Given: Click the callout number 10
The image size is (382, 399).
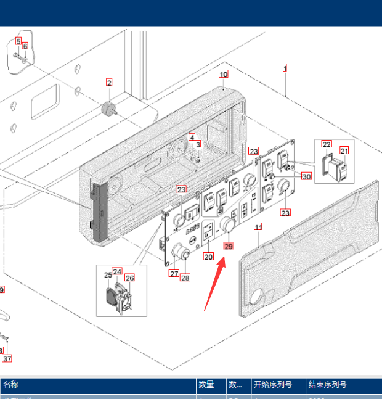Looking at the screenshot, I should point(223,74).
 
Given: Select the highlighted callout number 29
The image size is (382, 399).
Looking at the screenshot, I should point(229,246).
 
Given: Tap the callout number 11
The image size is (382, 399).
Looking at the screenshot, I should point(258,227).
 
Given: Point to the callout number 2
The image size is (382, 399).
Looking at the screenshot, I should point(109,82).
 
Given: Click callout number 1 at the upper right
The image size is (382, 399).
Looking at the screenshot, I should point(285,67).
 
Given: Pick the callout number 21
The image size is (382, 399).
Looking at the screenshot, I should point(344,150).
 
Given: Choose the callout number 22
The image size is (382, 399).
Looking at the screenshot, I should point(327,144).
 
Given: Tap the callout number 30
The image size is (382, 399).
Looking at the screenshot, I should point(306,176).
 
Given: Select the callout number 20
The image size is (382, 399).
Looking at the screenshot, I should point(208,257).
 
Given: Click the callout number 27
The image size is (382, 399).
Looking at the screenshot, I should point(174,274).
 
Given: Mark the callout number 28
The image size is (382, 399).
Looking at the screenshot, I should point(185,278).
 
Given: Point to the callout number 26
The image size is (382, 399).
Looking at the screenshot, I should point(129,278).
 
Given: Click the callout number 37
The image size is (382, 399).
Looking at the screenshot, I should point(7,358).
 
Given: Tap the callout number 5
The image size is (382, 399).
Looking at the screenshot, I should point(18,41).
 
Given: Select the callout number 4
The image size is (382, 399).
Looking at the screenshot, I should point(192,137).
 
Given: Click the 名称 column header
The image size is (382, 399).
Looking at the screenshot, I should point(11,385).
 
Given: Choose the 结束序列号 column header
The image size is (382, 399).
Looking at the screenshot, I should point(327,385).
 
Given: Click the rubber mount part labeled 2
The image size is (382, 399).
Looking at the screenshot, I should point(109,109).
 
